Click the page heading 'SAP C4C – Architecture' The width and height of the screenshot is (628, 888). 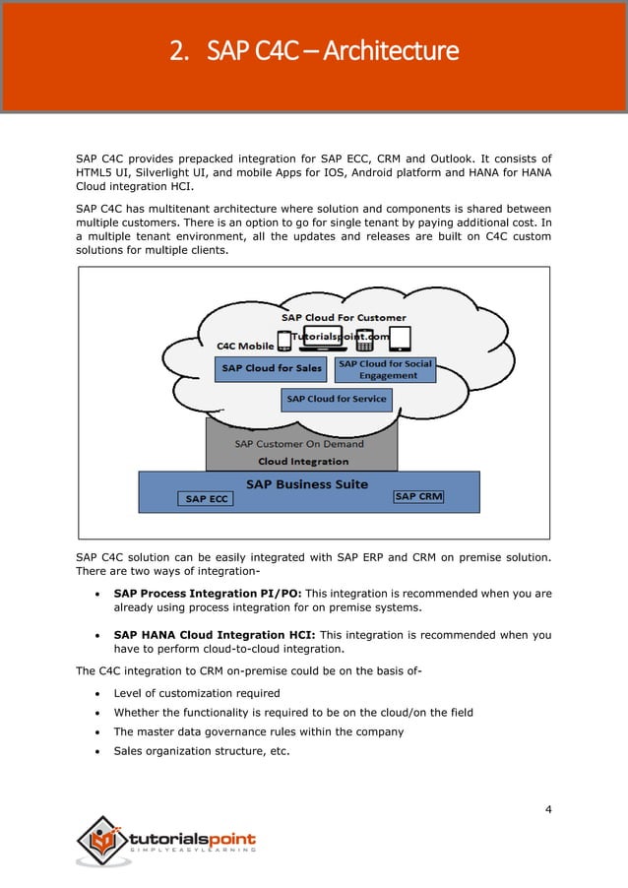pyautogui.click(x=314, y=50)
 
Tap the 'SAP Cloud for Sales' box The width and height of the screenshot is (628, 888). pyautogui.click(x=272, y=368)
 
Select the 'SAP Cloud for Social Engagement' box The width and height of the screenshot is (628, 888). pyautogui.click(x=385, y=369)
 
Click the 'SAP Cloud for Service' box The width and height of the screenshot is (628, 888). pyautogui.click(x=337, y=399)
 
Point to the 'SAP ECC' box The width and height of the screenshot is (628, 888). pyautogui.click(x=207, y=499)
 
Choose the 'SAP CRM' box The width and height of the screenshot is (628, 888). pyautogui.click(x=418, y=497)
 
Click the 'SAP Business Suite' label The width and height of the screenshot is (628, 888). pyautogui.click(x=306, y=483)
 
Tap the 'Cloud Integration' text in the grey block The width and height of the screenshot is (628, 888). pyautogui.click(x=302, y=461)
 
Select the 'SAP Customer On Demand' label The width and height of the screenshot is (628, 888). pyautogui.click(x=299, y=444)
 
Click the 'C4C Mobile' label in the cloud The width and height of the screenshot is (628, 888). pyautogui.click(x=245, y=347)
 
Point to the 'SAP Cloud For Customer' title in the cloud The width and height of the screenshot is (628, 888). pyautogui.click(x=344, y=318)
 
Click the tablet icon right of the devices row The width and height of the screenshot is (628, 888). pyautogui.click(x=398, y=339)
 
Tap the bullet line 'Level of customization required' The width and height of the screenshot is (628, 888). pyautogui.click(x=197, y=693)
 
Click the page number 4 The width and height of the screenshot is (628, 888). pyautogui.click(x=547, y=809)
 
